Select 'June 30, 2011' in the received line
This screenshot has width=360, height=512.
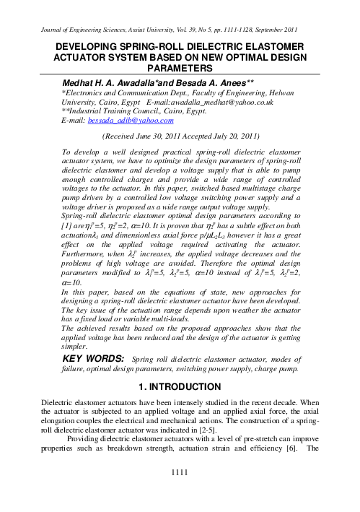click(151, 135)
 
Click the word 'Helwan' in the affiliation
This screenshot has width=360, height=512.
click(294, 94)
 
